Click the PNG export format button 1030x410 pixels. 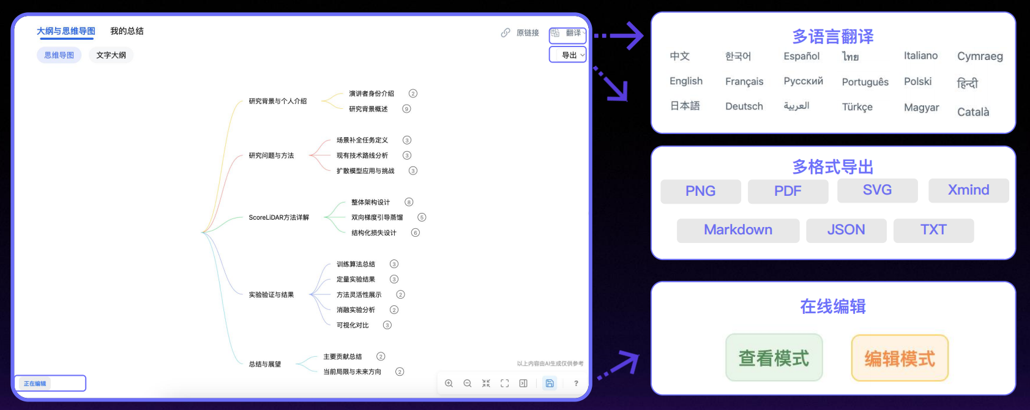pos(700,191)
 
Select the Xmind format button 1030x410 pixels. pos(968,190)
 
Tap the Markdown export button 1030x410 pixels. pos(738,230)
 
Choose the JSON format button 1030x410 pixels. pos(846,230)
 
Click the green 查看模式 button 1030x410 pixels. pos(774,357)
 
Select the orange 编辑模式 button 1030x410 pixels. pos(900,358)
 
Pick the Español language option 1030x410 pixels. pos(802,56)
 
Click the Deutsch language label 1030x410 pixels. pos(744,106)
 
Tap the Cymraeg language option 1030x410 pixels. pos(980,56)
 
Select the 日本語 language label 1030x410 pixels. pos(685,106)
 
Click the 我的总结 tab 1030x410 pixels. pos(127,31)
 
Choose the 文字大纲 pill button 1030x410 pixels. pos(111,55)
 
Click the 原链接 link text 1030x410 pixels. pos(528,32)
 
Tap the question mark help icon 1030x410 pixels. pos(576,383)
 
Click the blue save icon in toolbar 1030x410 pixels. pos(550,383)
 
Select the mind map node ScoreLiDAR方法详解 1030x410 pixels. pos(278,217)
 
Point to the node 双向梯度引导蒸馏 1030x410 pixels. pos(377,217)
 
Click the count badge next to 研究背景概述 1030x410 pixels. pos(406,109)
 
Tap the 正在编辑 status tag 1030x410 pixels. pos(35,383)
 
